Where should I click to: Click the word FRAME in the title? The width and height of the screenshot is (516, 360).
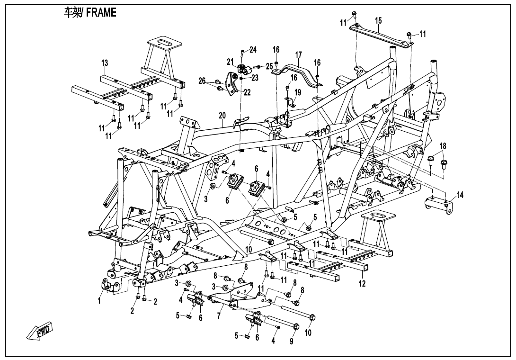pyautogui.click(x=101, y=13)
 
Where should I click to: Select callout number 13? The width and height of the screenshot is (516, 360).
pyautogui.click(x=105, y=63)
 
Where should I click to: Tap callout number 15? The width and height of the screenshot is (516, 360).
pyautogui.click(x=378, y=20)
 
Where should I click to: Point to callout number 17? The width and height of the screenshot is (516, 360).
pyautogui.click(x=299, y=54)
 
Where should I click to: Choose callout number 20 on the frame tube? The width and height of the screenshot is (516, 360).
pyautogui.click(x=222, y=116)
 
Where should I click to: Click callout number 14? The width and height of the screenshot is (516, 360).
pyautogui.click(x=461, y=195)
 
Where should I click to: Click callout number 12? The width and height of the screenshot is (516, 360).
pyautogui.click(x=363, y=284)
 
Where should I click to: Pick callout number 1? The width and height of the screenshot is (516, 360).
pyautogui.click(x=99, y=300)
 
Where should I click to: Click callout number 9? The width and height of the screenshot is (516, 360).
pyautogui.click(x=292, y=341)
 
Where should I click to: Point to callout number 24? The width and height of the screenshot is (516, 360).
pyautogui.click(x=253, y=50)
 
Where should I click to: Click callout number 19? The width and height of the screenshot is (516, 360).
pyautogui.click(x=298, y=92)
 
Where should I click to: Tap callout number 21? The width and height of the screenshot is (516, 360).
pyautogui.click(x=230, y=62)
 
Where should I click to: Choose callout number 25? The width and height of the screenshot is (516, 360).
pyautogui.click(x=269, y=65)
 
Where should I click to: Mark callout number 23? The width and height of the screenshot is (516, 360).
pyautogui.click(x=255, y=77)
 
